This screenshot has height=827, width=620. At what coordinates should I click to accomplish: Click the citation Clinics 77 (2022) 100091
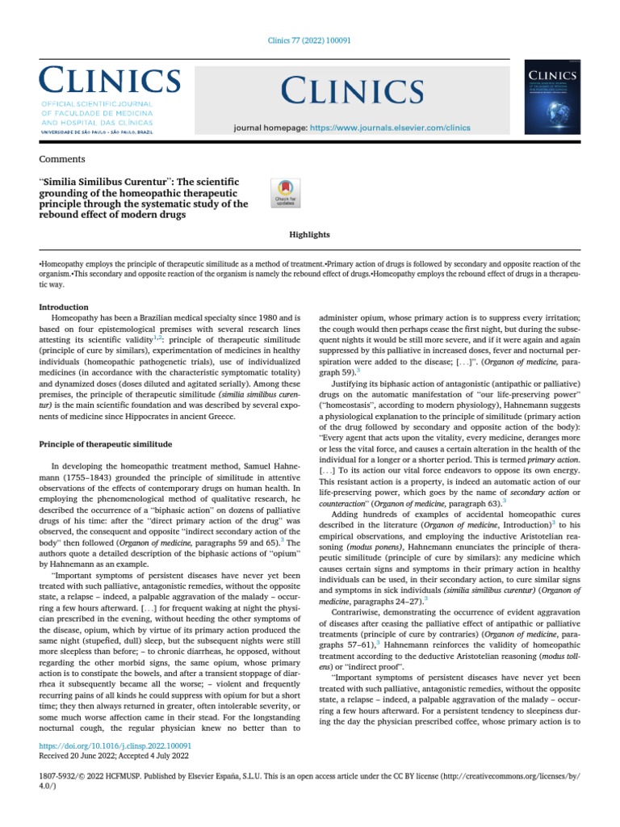[x=309, y=41]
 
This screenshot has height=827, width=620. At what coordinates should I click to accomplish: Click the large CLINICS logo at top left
[x=110, y=81]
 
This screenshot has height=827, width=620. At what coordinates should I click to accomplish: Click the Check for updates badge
[x=287, y=194]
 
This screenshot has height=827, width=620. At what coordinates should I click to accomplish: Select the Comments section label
[x=62, y=159]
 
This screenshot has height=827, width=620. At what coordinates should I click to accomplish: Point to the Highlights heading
[x=309, y=234]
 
